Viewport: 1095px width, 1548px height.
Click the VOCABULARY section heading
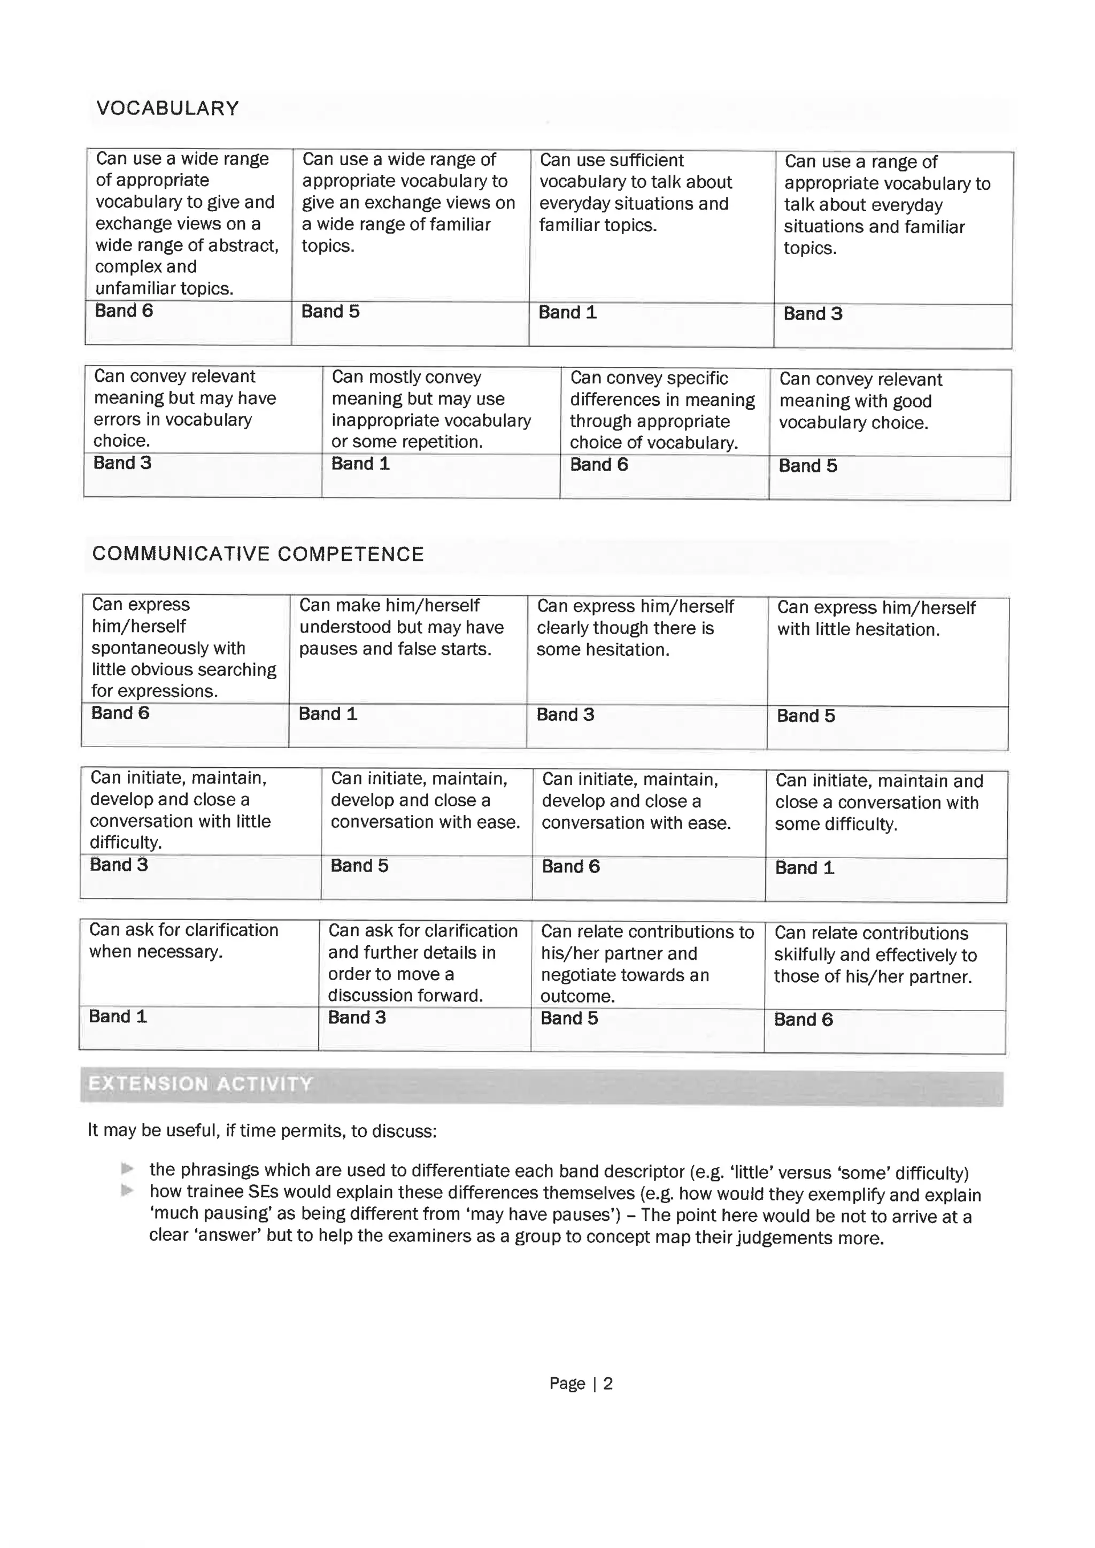(167, 109)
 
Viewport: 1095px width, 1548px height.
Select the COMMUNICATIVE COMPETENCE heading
(258, 554)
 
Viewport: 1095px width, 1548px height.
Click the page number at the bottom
(581, 1383)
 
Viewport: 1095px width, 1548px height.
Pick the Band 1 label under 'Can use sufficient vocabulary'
(567, 313)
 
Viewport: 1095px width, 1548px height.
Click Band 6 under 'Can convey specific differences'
(599, 465)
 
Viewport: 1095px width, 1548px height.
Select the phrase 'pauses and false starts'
(395, 649)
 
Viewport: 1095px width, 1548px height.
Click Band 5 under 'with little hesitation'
(806, 716)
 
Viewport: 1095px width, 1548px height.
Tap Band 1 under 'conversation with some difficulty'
(804, 868)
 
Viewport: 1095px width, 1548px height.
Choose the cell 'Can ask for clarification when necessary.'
(183, 941)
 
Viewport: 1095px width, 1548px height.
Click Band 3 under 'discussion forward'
(357, 1018)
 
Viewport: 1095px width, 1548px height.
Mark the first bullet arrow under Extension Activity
(127, 1168)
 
